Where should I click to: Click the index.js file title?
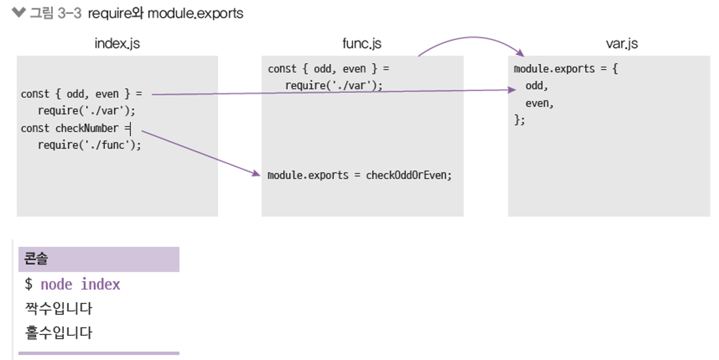pyautogui.click(x=117, y=44)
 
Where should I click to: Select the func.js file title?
pyautogui.click(x=362, y=44)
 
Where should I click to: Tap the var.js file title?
pyautogui.click(x=622, y=44)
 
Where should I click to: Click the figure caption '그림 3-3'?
pyautogui.click(x=55, y=13)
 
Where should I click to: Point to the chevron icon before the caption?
pyautogui.click(x=19, y=12)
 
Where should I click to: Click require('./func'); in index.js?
pyautogui.click(x=89, y=145)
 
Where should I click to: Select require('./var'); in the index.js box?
pyautogui.click(x=86, y=111)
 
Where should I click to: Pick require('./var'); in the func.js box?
pyautogui.click(x=334, y=85)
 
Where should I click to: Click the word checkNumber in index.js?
pyautogui.click(x=87, y=128)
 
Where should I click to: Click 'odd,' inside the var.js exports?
pyautogui.click(x=537, y=86)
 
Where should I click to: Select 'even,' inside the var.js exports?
pyautogui.click(x=540, y=103)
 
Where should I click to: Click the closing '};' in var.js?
pyautogui.click(x=519, y=120)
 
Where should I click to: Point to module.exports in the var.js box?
pyautogui.click(x=554, y=69)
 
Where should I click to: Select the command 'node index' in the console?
pyautogui.click(x=80, y=284)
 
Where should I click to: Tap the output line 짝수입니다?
pyautogui.click(x=59, y=308)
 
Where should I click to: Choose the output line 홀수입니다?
pyautogui.click(x=59, y=333)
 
